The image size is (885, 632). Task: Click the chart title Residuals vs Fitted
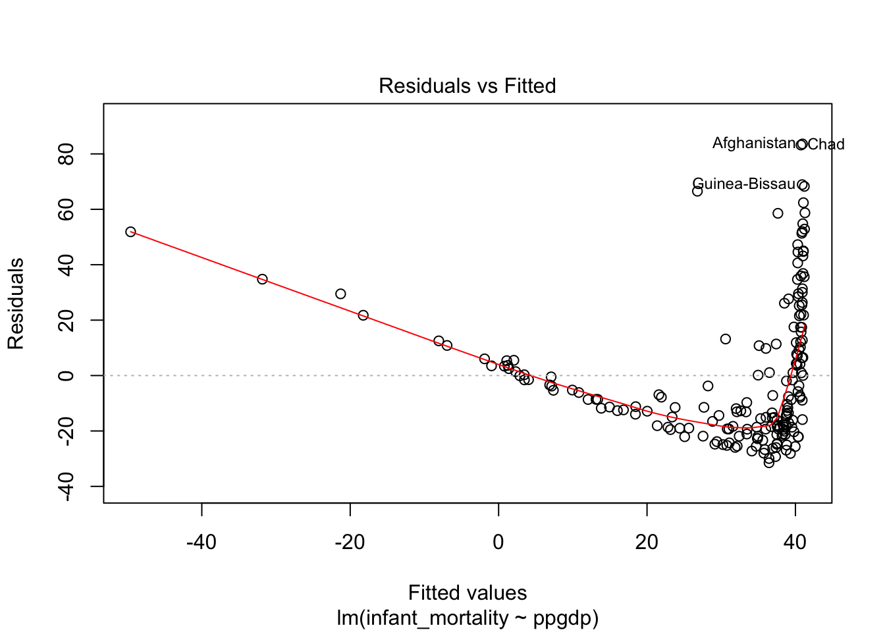pyautogui.click(x=467, y=86)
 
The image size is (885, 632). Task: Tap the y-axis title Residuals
pyautogui.click(x=16, y=303)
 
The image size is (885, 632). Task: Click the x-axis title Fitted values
pyautogui.click(x=467, y=592)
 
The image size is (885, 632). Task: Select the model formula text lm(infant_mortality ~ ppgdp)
pyautogui.click(x=467, y=618)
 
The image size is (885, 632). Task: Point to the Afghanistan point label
pyautogui.click(x=754, y=143)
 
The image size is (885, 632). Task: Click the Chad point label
pyautogui.click(x=826, y=144)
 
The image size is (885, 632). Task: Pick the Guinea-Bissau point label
pyautogui.click(x=744, y=184)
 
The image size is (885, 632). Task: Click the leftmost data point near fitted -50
pyautogui.click(x=130, y=232)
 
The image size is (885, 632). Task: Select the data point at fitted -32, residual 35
pyautogui.click(x=262, y=279)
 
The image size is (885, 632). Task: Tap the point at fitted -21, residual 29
pyautogui.click(x=340, y=294)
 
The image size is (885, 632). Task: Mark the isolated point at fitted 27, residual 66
pyautogui.click(x=697, y=191)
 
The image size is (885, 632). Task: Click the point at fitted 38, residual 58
pyautogui.click(x=778, y=213)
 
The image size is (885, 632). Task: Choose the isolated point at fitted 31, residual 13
pyautogui.click(x=725, y=339)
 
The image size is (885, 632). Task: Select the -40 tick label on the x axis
pyautogui.click(x=201, y=542)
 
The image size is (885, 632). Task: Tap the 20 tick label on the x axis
pyautogui.click(x=647, y=542)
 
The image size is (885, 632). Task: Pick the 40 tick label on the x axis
pyautogui.click(x=795, y=542)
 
